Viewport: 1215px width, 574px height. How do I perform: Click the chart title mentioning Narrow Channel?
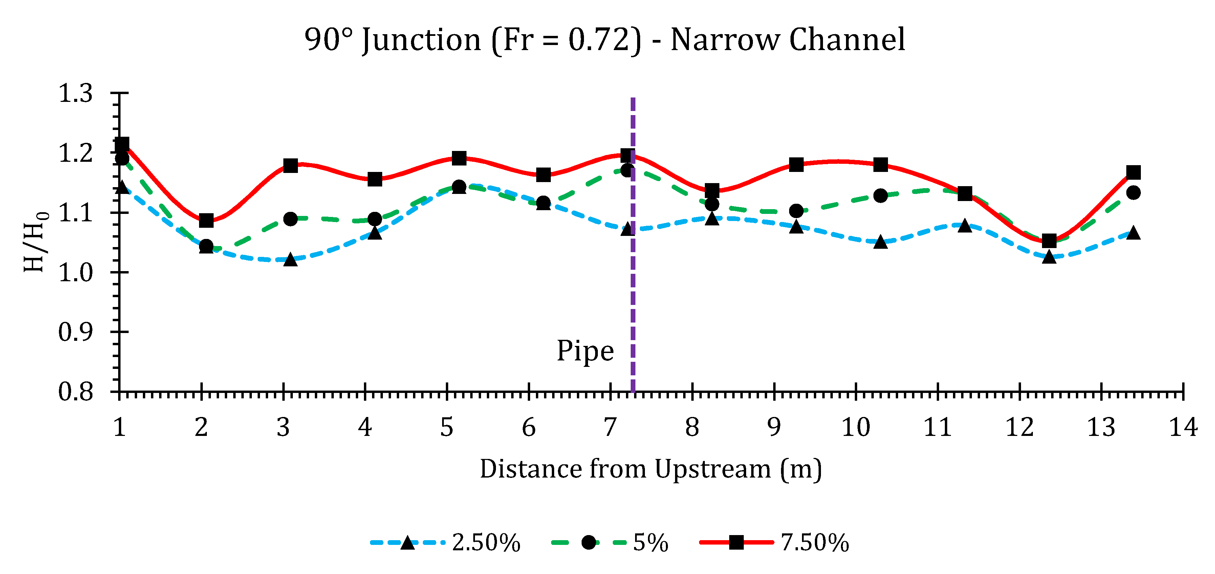pyautogui.click(x=604, y=40)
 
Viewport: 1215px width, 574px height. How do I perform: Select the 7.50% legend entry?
pyautogui.click(x=774, y=543)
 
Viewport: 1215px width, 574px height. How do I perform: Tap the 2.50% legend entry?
pyautogui.click(x=445, y=543)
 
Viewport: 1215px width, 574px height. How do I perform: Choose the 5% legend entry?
pyautogui.click(x=609, y=543)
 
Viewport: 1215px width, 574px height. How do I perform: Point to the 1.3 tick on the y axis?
pyautogui.click(x=75, y=93)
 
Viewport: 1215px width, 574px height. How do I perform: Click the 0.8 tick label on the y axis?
pyautogui.click(x=75, y=392)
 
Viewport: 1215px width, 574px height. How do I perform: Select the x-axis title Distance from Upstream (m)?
pyautogui.click(x=651, y=469)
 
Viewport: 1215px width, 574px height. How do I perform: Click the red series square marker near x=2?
pyautogui.click(x=206, y=220)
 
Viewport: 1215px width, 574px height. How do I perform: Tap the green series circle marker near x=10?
pyautogui.click(x=880, y=195)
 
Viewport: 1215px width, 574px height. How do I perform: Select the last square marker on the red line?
pyautogui.click(x=1133, y=172)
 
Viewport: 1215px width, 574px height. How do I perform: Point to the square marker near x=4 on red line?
pyautogui.click(x=374, y=179)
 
